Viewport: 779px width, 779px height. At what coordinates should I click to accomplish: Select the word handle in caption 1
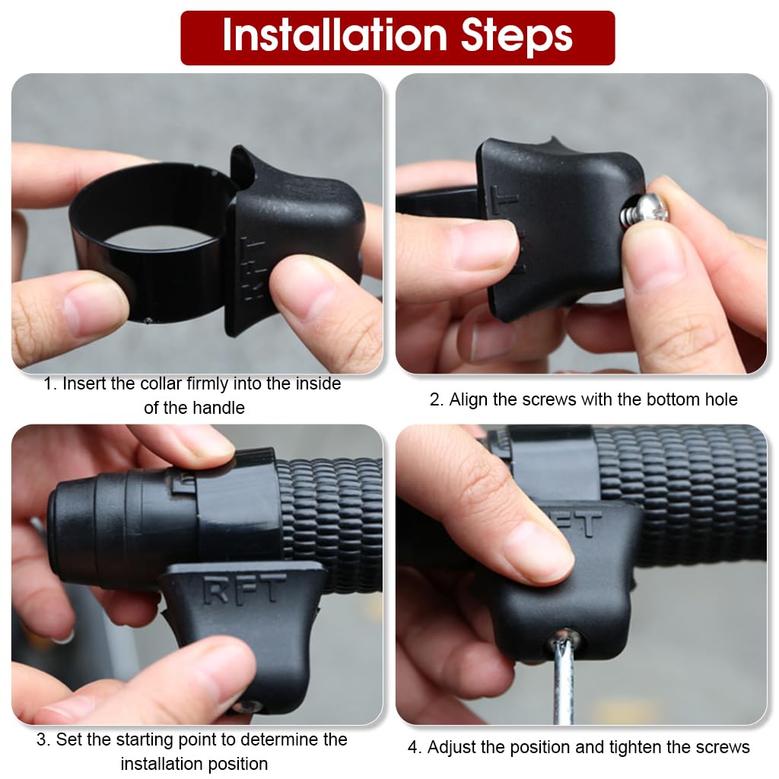point(195,408)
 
